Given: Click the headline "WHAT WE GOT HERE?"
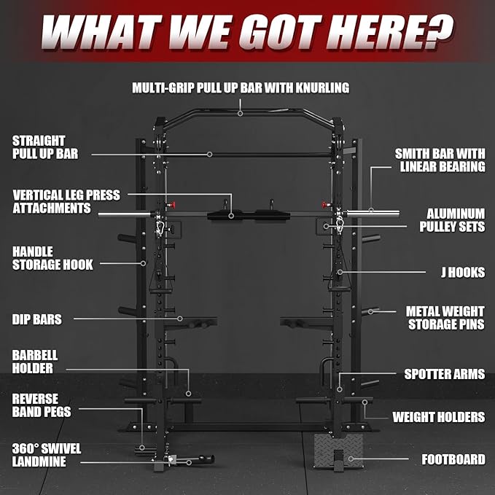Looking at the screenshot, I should coord(247,31).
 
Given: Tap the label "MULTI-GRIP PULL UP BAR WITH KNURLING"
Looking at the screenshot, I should coord(241,87).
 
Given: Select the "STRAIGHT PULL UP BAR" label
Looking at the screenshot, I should coord(45,147).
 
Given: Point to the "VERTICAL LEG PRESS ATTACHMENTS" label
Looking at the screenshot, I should coord(66,202).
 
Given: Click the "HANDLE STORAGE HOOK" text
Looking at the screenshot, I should coord(52,258).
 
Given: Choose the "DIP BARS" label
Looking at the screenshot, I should coord(37,319).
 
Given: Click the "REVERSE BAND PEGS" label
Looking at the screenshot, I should coord(42,405).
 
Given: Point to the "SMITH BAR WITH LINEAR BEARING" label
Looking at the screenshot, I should coord(440,160).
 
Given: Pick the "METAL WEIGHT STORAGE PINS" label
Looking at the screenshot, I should coord(445,317).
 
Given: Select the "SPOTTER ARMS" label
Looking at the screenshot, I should coord(444,374).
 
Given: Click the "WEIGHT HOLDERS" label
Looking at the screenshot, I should coord(438,417).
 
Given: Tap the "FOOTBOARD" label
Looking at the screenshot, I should coord(453,460).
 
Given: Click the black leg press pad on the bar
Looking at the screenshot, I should coord(231,216).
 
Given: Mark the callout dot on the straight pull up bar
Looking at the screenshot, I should coord(209,154).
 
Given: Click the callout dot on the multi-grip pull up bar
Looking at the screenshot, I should coord(241,113).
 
